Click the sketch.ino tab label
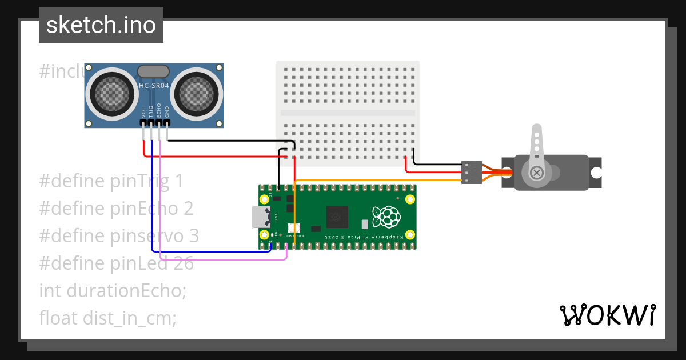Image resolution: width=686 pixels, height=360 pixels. (101, 25)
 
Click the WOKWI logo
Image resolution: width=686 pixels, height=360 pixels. (607, 315)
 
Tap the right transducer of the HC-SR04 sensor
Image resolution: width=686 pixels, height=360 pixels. (197, 92)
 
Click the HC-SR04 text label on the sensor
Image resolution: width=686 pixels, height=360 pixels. (154, 86)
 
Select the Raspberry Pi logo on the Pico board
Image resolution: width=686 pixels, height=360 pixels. (385, 217)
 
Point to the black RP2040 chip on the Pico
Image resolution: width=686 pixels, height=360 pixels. (337, 217)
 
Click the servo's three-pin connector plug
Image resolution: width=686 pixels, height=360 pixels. (472, 172)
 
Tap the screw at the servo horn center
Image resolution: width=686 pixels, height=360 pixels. (536, 173)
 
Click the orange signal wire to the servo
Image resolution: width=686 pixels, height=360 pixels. (377, 181)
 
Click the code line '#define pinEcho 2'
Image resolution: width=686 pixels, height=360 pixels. (116, 209)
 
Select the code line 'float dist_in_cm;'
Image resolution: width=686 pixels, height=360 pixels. (107, 318)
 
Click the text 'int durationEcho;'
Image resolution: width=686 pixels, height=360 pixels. (113, 290)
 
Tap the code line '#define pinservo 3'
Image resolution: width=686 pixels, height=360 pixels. (119, 235)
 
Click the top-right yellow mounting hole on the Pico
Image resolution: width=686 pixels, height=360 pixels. (410, 199)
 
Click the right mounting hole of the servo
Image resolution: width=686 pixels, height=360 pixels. (596, 172)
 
